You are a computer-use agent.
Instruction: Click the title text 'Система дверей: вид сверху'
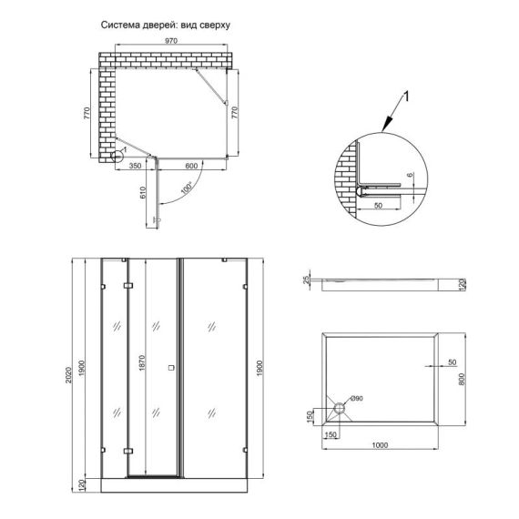tap(165, 25)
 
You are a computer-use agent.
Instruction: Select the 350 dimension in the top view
tap(135, 167)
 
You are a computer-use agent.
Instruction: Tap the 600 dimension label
tap(191, 167)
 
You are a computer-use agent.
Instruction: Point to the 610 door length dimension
tap(143, 193)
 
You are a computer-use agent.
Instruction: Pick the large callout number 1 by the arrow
tap(406, 96)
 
